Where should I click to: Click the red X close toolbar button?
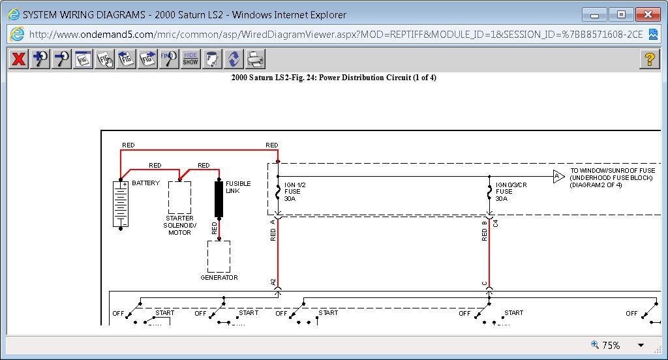coord(19,59)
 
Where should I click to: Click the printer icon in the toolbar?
coord(255,59)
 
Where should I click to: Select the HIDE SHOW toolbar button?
coord(190,59)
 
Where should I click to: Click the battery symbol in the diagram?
coord(121,204)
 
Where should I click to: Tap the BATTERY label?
coord(145,183)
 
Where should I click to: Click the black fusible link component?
coord(219,199)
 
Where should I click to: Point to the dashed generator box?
coord(219,256)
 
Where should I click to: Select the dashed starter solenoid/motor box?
coord(179,197)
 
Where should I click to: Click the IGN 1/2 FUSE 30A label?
coord(295,192)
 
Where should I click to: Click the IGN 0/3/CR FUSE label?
coord(511,192)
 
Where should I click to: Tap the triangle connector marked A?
coord(558,176)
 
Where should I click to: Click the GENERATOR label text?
coord(219,278)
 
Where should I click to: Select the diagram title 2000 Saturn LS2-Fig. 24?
coord(333,78)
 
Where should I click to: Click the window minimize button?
coord(594,14)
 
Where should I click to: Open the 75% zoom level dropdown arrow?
coord(641,345)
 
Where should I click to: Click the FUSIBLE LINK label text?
coord(238,187)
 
